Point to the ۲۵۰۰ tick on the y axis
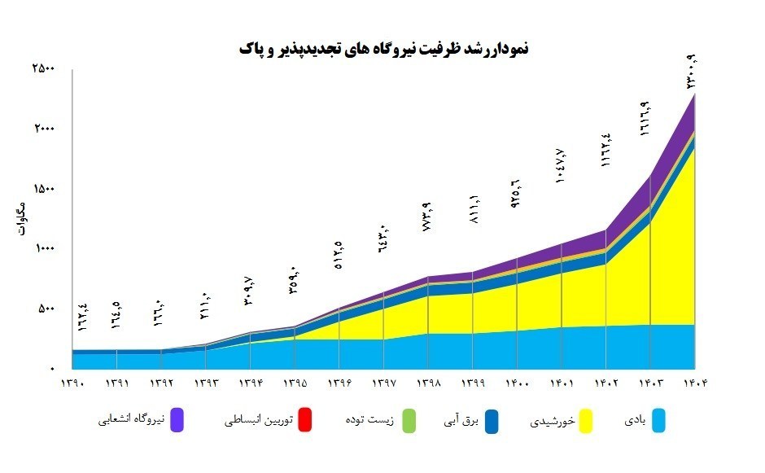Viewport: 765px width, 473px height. coord(43,69)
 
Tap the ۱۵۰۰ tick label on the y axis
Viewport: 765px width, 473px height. coord(43,189)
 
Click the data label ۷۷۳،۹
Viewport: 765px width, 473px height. coord(426,217)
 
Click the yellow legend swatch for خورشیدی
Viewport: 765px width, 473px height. coord(585,421)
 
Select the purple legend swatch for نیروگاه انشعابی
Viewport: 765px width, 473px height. coord(177,421)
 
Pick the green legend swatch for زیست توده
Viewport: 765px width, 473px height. coord(409,421)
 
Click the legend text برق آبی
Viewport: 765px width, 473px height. coord(464,421)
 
